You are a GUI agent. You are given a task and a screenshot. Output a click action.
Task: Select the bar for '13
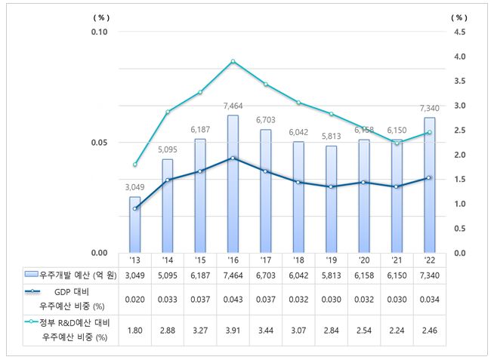134,224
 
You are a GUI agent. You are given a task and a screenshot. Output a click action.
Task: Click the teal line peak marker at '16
233,61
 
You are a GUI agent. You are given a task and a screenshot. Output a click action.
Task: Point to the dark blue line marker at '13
134,208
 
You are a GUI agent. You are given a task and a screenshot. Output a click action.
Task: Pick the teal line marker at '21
396,143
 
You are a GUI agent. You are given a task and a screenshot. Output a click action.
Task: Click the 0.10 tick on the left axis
100,32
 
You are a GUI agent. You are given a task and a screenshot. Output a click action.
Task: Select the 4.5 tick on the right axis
458,32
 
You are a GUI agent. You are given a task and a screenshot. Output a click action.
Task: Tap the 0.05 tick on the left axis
100,142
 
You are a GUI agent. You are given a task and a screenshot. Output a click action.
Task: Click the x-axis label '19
330,260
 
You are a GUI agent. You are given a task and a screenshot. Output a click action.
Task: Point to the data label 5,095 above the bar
167,149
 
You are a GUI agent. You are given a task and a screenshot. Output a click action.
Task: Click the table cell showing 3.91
233,330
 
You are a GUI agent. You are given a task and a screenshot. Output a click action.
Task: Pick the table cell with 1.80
134,330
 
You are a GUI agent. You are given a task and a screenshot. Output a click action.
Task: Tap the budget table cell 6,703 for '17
265,275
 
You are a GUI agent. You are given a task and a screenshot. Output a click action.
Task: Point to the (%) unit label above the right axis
458,16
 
